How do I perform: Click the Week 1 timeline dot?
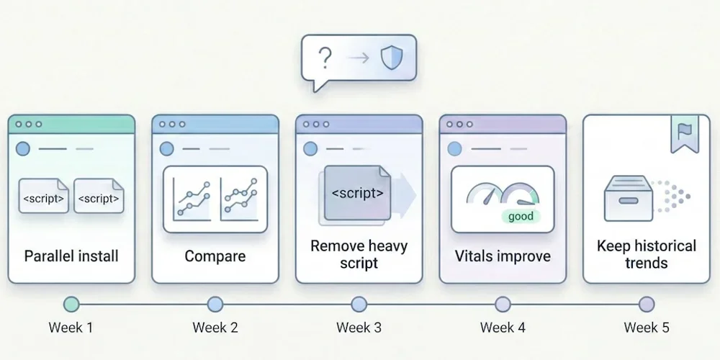click(x=71, y=304)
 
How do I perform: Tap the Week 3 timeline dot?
click(x=359, y=304)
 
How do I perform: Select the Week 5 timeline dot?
click(x=647, y=304)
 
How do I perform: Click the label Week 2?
click(x=215, y=328)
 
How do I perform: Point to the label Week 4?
click(x=503, y=328)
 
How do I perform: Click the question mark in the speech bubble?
click(x=325, y=58)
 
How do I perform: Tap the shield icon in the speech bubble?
click(x=392, y=58)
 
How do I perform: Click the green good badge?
click(x=521, y=216)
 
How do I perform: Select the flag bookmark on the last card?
click(x=684, y=134)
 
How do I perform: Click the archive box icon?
click(x=628, y=198)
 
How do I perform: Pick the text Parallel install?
click(x=71, y=256)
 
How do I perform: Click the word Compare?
click(x=215, y=256)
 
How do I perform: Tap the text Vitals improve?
click(x=503, y=256)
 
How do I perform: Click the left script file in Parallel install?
click(x=44, y=196)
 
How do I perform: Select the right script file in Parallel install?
click(x=99, y=196)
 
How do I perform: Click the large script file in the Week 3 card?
click(x=357, y=193)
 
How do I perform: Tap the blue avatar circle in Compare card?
click(x=167, y=149)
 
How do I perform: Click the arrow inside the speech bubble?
click(x=358, y=58)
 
